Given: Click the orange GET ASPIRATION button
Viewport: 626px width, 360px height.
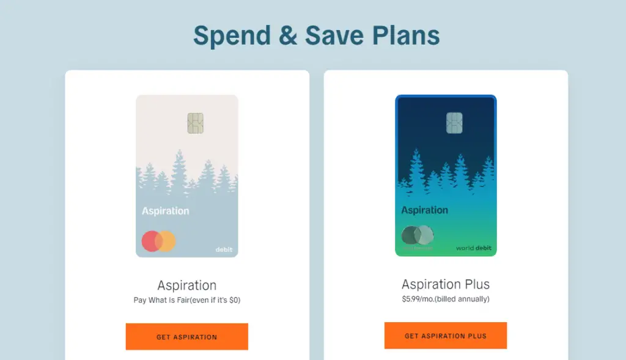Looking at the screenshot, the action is tap(187, 336).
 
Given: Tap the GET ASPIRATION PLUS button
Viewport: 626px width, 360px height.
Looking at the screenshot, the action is tap(446, 336).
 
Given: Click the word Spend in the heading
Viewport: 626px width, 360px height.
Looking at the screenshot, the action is tap(232, 36).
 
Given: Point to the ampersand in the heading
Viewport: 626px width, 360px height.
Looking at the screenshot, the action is tap(288, 35).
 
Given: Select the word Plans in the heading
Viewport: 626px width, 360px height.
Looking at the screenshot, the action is tap(406, 35).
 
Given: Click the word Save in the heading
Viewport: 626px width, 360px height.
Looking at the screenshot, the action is tap(334, 35).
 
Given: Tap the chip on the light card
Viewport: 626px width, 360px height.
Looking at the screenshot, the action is tap(195, 123).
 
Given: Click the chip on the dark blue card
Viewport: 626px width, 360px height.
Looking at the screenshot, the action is tap(454, 122).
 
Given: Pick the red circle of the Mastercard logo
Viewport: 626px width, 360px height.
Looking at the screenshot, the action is tap(152, 241).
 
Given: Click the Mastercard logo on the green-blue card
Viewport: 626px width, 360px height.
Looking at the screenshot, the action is tap(418, 235).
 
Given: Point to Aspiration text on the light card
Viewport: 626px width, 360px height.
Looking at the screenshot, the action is tap(166, 211).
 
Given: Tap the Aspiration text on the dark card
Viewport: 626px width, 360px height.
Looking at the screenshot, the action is tap(424, 210).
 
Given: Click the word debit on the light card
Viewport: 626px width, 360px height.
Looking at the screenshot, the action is tap(224, 249).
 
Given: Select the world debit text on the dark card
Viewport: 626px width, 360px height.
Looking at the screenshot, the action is tap(474, 248).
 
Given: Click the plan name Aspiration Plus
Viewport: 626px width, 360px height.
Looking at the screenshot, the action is tap(446, 284).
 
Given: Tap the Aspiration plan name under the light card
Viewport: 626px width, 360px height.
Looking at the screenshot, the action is tap(187, 285).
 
